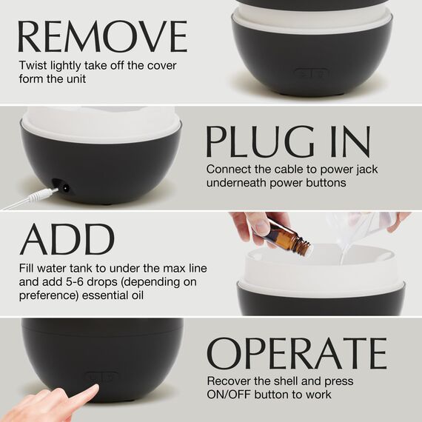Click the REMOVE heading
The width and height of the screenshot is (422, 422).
pyautogui.click(x=102, y=37)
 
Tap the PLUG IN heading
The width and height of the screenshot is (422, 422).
pyautogui.click(x=288, y=141)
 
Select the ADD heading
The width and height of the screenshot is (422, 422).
pyautogui.click(x=67, y=238)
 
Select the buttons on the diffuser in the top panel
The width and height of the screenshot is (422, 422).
pyautogui.click(x=310, y=74)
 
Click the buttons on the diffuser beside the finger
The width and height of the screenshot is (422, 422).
pyautogui.click(x=99, y=376)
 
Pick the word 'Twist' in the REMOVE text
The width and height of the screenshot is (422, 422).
pyautogui.click(x=33, y=65)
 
